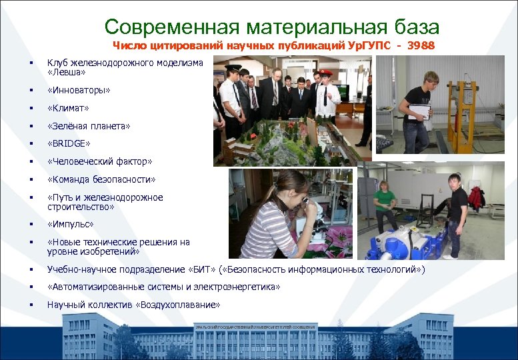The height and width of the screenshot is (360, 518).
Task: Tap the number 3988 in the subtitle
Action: [421, 46]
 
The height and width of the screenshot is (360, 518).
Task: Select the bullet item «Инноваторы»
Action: [79, 89]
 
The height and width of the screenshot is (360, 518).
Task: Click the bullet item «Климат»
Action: [68, 107]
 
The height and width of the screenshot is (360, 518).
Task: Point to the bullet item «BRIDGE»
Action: [69, 143]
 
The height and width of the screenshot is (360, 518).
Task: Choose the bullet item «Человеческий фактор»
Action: [99, 161]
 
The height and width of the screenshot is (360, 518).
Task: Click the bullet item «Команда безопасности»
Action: [101, 179]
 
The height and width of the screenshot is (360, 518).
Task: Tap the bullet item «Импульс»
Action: [70, 225]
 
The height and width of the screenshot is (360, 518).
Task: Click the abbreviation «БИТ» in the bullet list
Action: [203, 269]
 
